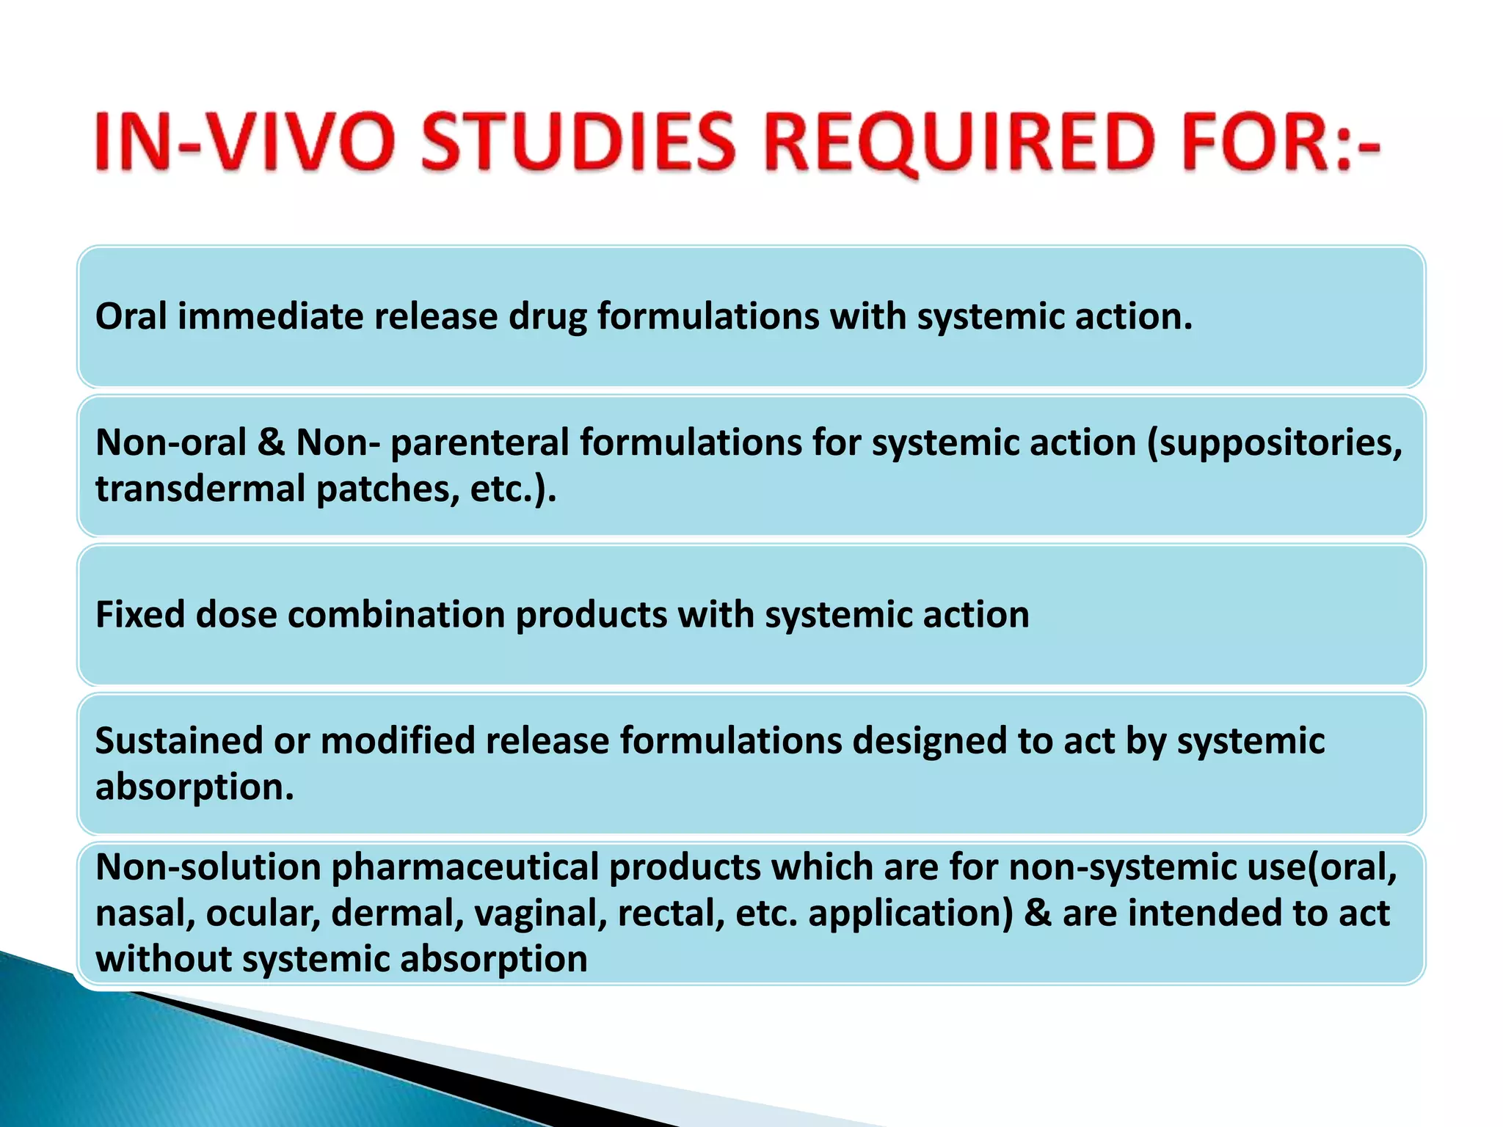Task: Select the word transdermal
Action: [200, 489]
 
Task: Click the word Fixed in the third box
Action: [139, 614]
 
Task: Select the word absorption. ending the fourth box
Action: [194, 788]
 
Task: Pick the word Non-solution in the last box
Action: [208, 867]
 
